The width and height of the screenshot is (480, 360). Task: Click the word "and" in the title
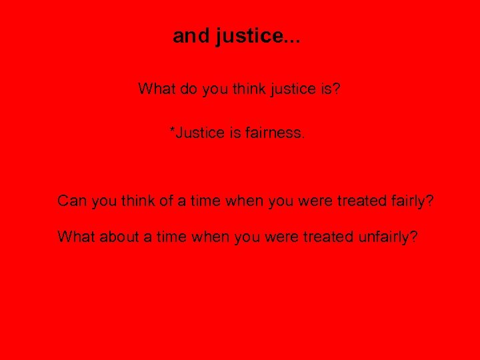click(191, 36)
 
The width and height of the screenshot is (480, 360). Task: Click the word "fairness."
click(275, 133)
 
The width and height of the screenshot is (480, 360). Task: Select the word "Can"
click(71, 201)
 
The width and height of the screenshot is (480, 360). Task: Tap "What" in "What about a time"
click(76, 236)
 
